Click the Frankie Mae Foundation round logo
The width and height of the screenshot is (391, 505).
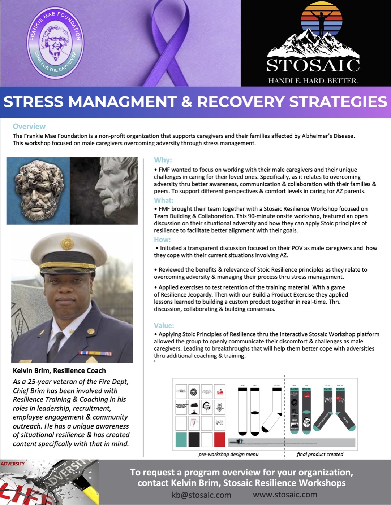(55, 43)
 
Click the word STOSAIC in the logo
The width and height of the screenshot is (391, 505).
(313, 65)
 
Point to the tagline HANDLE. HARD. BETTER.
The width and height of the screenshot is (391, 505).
(313, 81)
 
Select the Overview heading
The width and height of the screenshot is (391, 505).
(29, 126)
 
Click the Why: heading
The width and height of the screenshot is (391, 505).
(163, 160)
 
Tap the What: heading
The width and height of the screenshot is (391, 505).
(163, 200)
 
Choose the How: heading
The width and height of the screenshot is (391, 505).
(162, 240)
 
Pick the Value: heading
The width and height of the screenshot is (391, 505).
(164, 325)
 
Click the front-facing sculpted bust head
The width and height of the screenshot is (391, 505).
(37, 190)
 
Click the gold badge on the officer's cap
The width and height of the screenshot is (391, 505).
(67, 244)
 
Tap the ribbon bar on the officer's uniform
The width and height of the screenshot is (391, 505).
(95, 353)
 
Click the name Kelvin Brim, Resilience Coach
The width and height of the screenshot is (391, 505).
(59, 370)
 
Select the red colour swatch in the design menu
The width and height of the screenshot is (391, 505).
(219, 440)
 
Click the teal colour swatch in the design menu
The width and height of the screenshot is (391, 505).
(181, 440)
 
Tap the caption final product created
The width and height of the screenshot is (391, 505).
(320, 454)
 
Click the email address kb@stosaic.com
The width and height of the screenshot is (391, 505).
(201, 495)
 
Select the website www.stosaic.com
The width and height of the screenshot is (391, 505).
(285, 495)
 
